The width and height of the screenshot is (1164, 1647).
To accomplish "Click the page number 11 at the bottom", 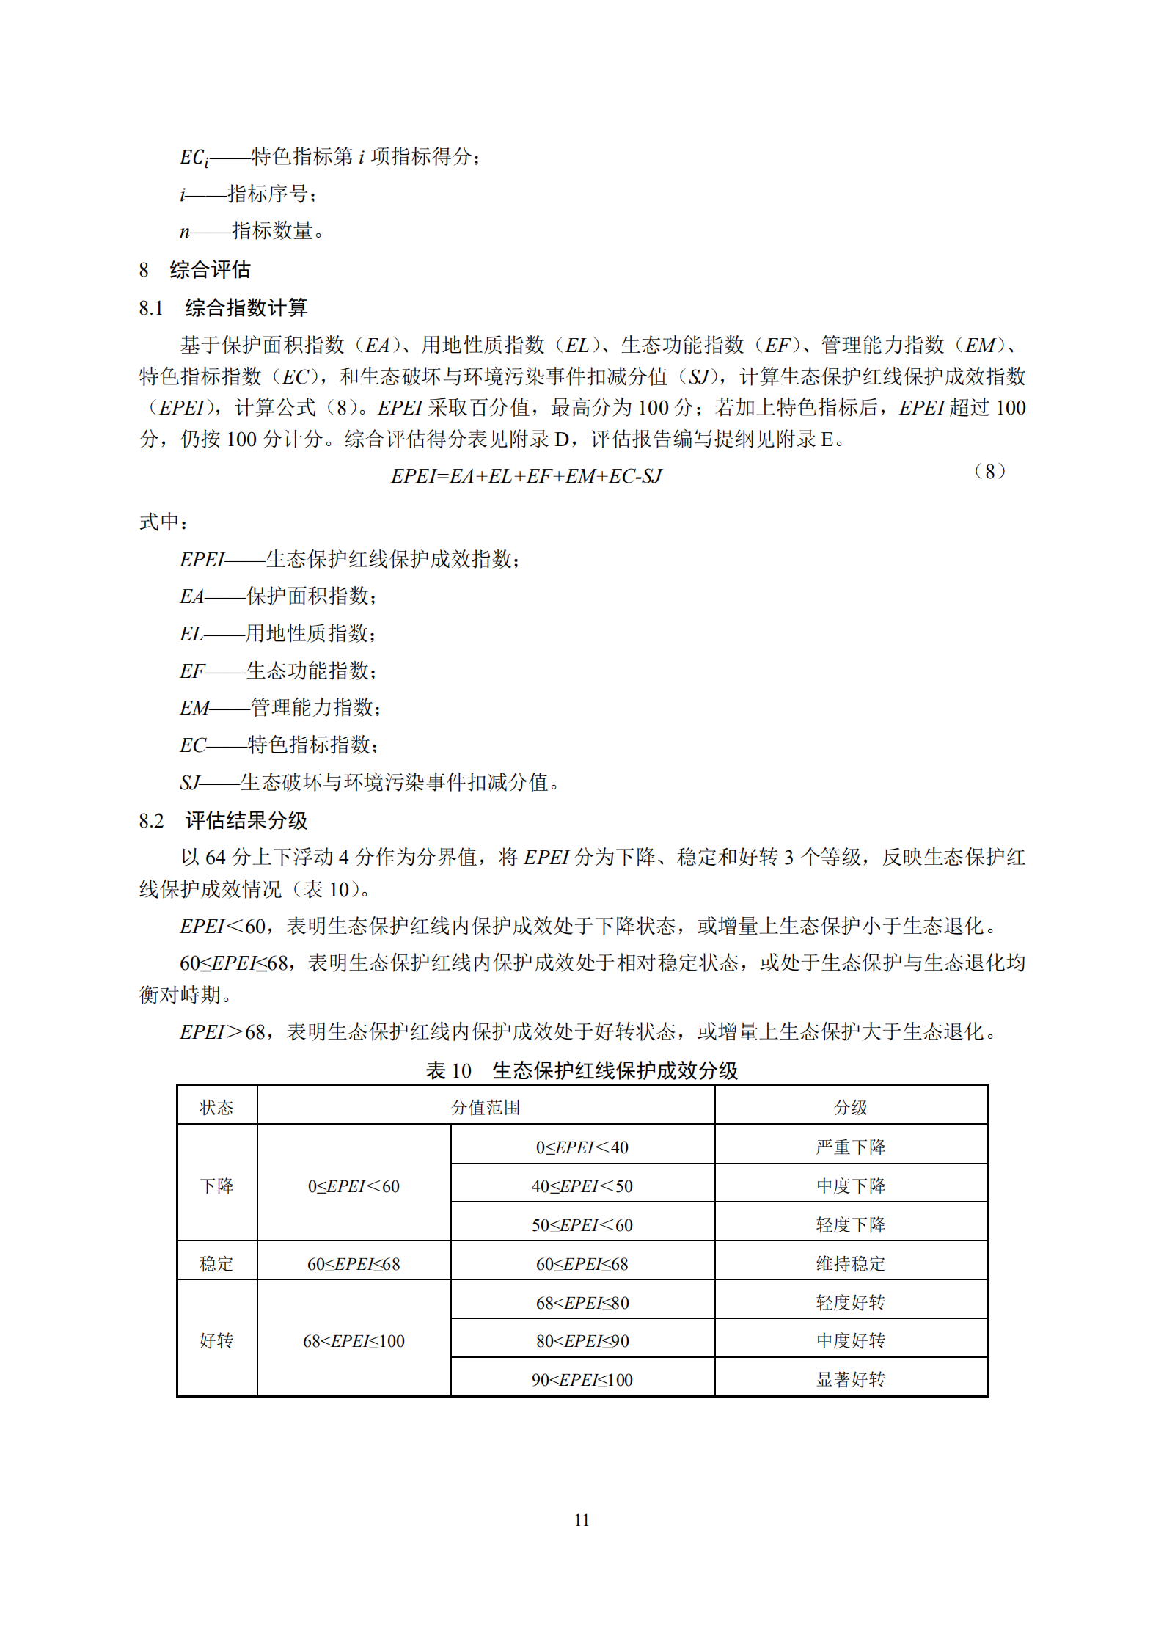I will coord(582,1519).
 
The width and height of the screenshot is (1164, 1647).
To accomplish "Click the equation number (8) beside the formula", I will coord(989,471).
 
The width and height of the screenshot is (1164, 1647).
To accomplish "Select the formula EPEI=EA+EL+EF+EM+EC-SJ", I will coord(526,476).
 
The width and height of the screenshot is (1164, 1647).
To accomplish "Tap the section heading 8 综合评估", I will coord(195,270).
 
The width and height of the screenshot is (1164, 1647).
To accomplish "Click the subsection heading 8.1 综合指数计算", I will coord(223,307).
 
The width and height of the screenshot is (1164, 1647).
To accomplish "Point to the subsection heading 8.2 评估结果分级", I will coord(223,820).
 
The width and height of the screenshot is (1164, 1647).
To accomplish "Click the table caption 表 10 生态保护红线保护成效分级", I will coord(582,1070).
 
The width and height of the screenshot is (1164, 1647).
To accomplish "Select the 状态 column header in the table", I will coord(216,1107).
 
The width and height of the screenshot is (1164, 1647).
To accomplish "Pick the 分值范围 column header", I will coord(486,1107).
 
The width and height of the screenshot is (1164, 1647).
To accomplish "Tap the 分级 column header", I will coord(851,1107).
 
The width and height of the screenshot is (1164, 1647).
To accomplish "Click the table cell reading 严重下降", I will coord(851,1147).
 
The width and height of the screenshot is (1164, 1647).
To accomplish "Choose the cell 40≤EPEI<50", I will coord(582,1186).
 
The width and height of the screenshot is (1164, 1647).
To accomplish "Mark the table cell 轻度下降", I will coord(851,1224).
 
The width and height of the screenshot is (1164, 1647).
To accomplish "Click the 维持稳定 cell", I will coord(851,1263).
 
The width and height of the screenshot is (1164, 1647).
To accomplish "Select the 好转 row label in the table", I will coord(216,1340).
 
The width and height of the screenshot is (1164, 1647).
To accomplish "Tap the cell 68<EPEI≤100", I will coord(354,1340).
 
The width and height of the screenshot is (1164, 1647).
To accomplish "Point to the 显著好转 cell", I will coord(851,1379).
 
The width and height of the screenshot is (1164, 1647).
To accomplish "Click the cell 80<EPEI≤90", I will coord(582,1340).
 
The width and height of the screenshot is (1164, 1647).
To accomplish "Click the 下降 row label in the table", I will coord(216,1186).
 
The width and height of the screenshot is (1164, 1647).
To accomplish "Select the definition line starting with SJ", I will coord(370,783).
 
